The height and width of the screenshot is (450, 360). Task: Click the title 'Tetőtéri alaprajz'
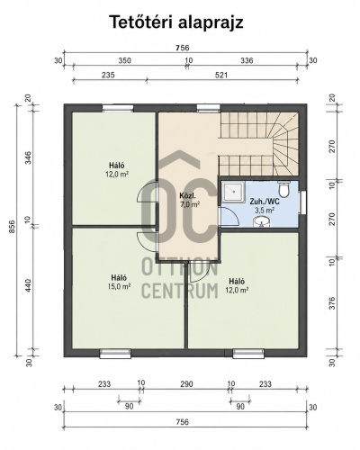tap(176, 22)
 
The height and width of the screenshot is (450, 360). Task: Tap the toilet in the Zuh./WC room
tap(283, 188)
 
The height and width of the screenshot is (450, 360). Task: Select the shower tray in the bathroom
tap(233, 193)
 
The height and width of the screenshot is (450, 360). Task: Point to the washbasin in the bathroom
tap(262, 221)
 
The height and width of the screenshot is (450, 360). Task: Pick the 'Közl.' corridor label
tap(187, 196)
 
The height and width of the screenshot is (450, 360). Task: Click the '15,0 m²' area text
tap(119, 286)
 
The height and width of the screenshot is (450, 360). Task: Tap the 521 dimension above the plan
tap(221, 75)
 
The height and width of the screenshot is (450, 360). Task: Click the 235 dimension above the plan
tap(108, 75)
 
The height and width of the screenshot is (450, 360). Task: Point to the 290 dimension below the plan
tap(186, 384)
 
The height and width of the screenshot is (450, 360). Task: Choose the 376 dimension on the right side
tap(332, 303)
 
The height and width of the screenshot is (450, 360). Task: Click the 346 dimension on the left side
tap(28, 157)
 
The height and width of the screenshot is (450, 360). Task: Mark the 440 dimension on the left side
tap(28, 286)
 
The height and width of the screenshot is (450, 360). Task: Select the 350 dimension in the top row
tap(124, 60)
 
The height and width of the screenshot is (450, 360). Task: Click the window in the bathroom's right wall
tap(303, 202)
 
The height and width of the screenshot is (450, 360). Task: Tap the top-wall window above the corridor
tap(208, 108)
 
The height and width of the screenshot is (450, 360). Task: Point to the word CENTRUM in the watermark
tap(180, 291)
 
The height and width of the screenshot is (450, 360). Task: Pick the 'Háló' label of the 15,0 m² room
tap(119, 278)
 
